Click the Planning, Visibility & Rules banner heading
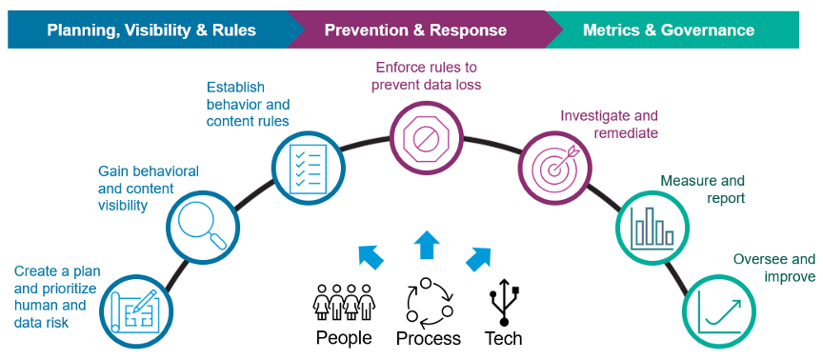[151, 30]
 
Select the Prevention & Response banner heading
[415, 30]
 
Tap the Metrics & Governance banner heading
[669, 30]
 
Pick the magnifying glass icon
[202, 225]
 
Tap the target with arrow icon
[554, 166]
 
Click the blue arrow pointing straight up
[427, 244]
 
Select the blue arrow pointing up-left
[371, 256]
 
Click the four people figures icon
[344, 302]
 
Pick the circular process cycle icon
[430, 301]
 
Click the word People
[344, 337]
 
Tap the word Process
[429, 338]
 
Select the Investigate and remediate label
[609, 124]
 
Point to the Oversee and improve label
[774, 268]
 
